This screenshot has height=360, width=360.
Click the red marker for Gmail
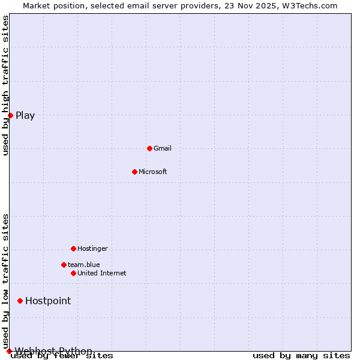tap(149, 148)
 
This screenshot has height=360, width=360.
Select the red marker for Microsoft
tap(134, 172)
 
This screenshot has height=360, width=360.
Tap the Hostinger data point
tap(73, 248)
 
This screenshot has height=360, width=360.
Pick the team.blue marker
tap(64, 265)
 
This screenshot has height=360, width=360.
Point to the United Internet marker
tap(73, 273)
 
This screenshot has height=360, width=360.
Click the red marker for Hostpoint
tap(20, 301)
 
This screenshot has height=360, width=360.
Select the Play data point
tap(10, 115)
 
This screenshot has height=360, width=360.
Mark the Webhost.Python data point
tap(9, 351)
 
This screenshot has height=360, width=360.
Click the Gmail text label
tap(162, 148)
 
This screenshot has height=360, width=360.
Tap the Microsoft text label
tap(152, 172)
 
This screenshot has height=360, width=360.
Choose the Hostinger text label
tap(92, 248)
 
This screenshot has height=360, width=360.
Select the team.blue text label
tap(83, 265)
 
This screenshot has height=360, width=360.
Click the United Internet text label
tap(101, 273)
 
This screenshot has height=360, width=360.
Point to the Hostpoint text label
tap(48, 301)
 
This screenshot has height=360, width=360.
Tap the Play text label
tap(25, 115)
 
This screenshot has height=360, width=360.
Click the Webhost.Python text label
tap(53, 351)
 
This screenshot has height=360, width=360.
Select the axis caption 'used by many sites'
tap(301, 356)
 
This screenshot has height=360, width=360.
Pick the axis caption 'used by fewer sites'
tap(62, 356)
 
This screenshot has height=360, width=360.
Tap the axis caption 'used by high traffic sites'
tap(5, 85)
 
